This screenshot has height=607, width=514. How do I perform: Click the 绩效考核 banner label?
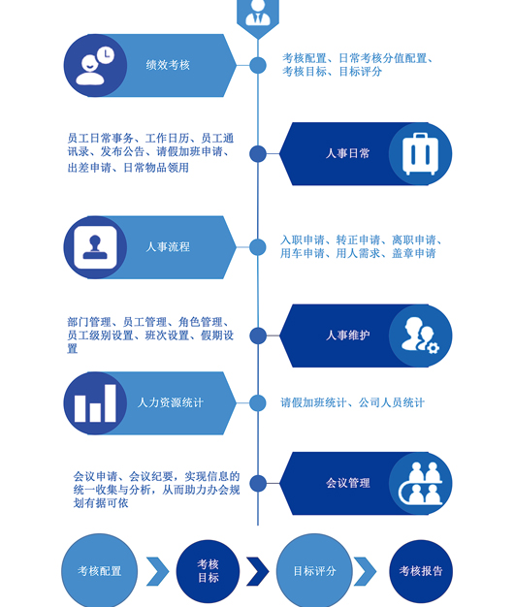(168, 65)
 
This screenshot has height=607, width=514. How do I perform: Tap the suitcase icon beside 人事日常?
(420, 153)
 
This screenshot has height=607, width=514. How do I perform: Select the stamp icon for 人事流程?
(95, 247)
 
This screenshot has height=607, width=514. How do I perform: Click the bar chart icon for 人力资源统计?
(95, 403)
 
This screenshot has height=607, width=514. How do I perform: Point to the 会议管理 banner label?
(348, 483)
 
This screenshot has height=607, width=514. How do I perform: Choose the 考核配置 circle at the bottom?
(100, 570)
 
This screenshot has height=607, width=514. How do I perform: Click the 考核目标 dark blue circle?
(208, 571)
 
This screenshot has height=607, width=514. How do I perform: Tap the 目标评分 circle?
(314, 570)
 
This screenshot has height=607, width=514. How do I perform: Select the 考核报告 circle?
(421, 571)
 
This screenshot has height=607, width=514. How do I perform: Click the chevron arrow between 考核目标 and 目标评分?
(258, 571)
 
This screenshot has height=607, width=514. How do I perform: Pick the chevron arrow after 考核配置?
(158, 571)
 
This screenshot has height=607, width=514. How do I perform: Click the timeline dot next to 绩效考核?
(258, 65)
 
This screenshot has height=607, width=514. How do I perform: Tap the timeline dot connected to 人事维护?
(258, 335)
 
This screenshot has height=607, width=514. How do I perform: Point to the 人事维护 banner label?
(348, 335)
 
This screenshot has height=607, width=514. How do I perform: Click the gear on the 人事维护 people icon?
(433, 348)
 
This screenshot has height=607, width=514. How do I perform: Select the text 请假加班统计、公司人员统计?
(353, 402)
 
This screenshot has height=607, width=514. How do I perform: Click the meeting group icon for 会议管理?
(421, 483)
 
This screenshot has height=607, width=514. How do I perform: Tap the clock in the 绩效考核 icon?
(106, 55)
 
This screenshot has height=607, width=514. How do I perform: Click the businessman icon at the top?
(258, 13)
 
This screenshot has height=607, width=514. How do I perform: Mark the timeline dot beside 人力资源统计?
(258, 403)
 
